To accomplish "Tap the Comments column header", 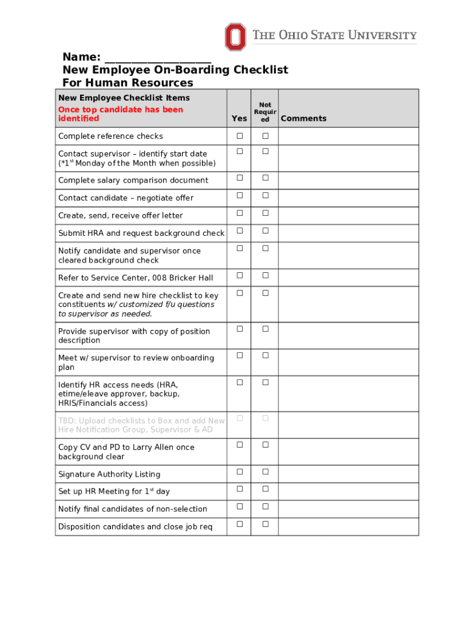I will point(303,119).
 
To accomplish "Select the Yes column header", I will point(239,119).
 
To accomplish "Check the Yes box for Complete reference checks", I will point(240,135).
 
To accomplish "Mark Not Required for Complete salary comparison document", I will point(265,178).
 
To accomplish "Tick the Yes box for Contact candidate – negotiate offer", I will point(240,195).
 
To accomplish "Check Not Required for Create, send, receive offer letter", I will point(265,213).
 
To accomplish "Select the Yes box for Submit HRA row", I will point(240,230).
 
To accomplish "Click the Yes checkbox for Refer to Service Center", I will point(240,275).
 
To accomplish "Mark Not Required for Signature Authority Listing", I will point(265,471).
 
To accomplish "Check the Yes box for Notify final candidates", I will point(240,506).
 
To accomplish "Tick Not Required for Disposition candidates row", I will point(265,524).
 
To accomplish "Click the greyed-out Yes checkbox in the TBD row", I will point(240,418).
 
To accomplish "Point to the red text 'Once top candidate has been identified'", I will point(120,114).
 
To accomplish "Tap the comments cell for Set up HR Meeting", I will point(348,491).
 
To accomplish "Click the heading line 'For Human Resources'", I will point(128,82).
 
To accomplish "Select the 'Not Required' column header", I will point(265,112).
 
